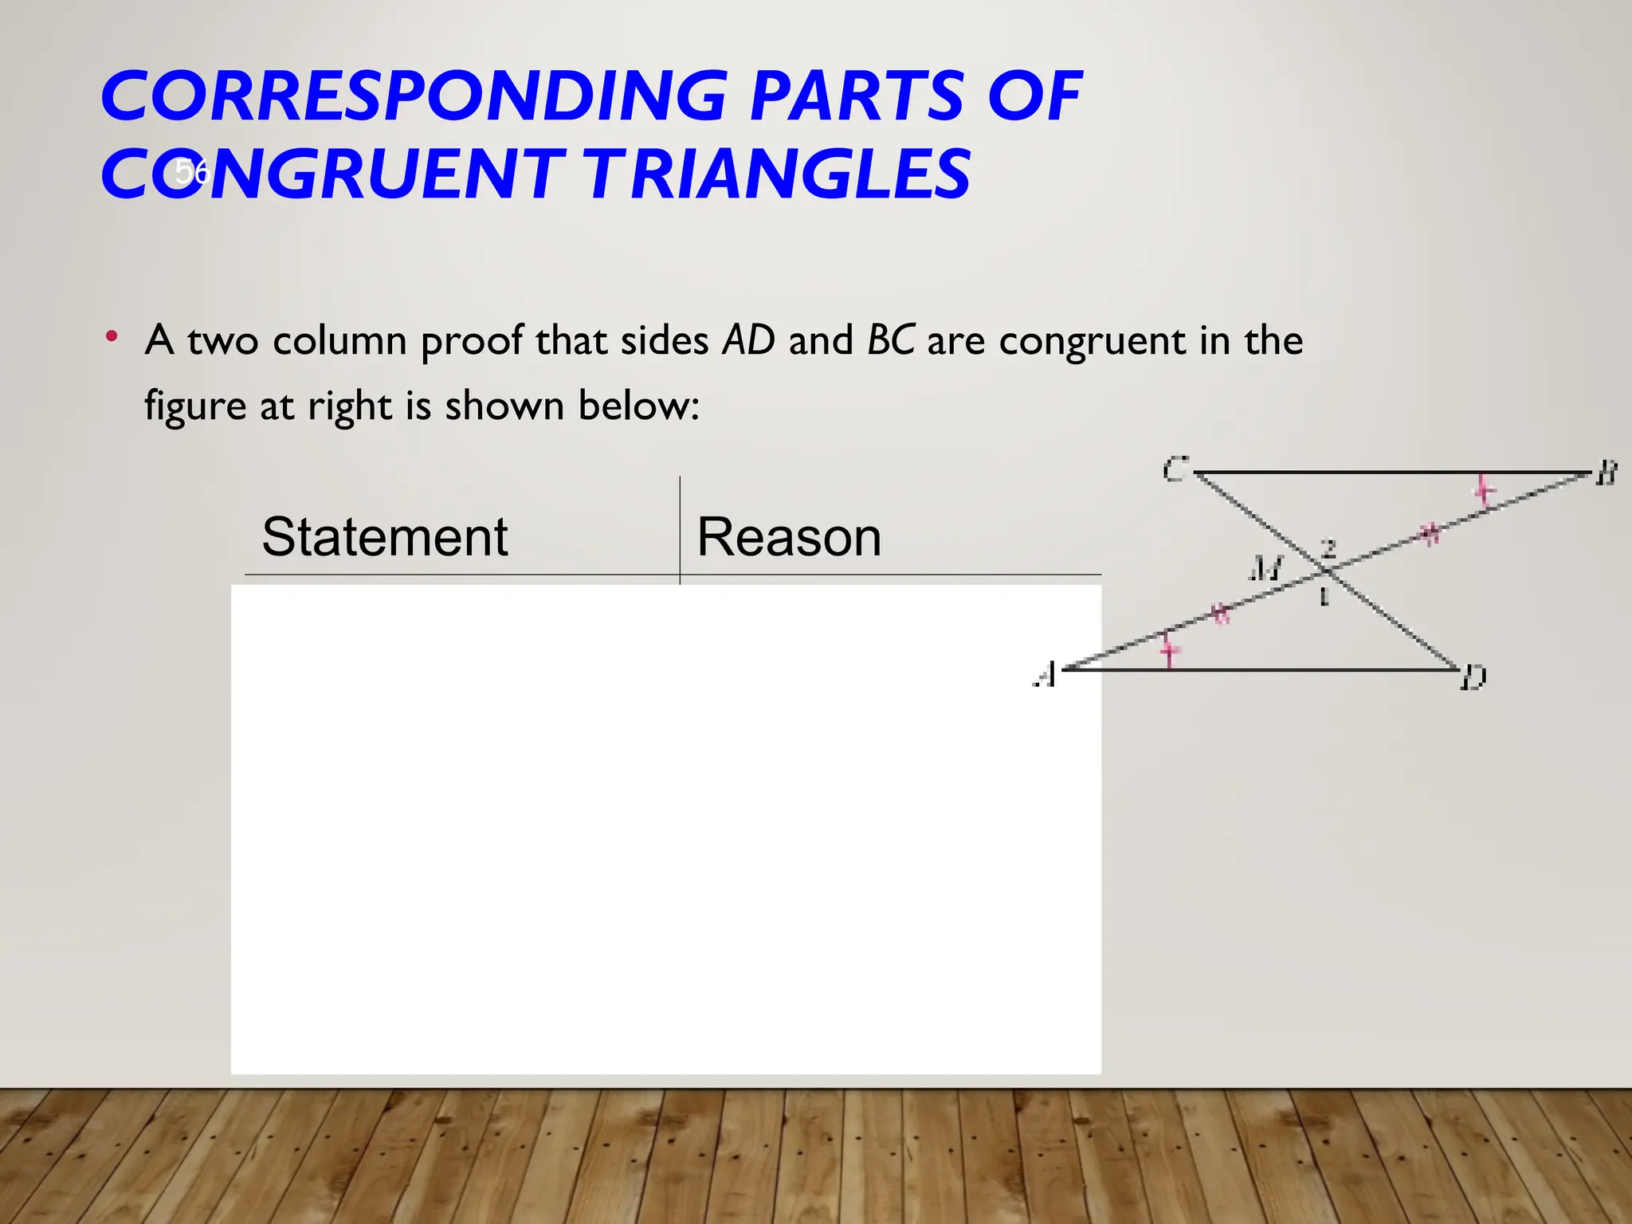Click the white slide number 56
click(x=191, y=171)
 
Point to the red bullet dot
click(x=112, y=336)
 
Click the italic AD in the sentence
click(x=748, y=340)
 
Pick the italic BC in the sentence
click(x=891, y=340)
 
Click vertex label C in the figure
click(x=1175, y=469)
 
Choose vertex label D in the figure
click(x=1473, y=678)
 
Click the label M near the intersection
click(x=1265, y=568)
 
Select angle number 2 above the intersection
click(x=1328, y=547)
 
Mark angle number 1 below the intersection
click(x=1324, y=596)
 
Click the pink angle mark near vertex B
click(x=1483, y=490)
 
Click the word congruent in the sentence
click(x=1093, y=340)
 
